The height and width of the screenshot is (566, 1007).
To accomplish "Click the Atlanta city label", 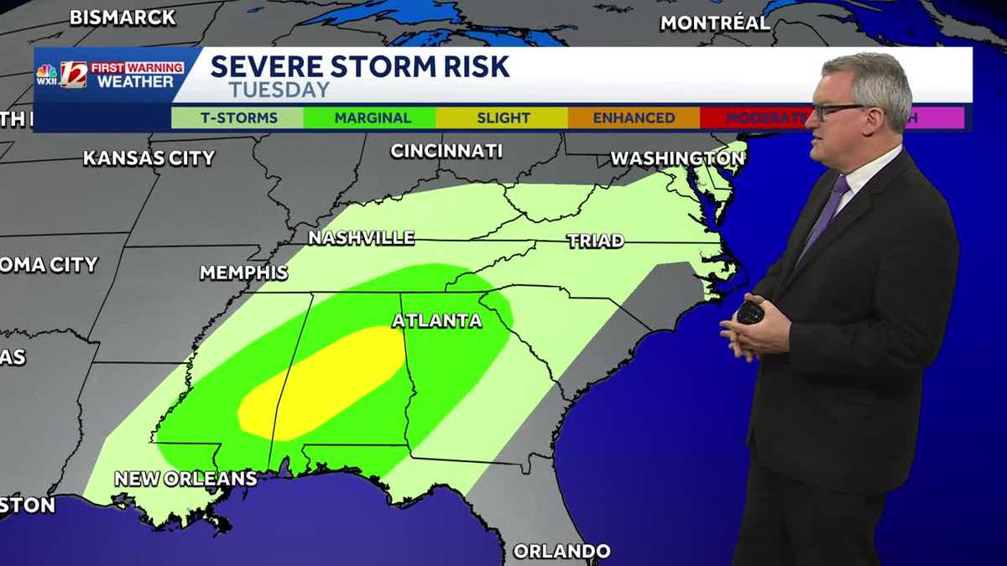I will pyautogui.click(x=437, y=320).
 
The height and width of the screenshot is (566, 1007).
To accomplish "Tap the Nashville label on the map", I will pyautogui.click(x=361, y=238).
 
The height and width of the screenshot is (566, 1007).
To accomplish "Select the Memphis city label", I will pyautogui.click(x=243, y=273).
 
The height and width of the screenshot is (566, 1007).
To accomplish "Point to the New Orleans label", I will pyautogui.click(x=185, y=479).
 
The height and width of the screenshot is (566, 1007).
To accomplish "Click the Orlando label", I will pyautogui.click(x=561, y=551).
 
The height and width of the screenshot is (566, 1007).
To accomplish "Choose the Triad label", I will pyautogui.click(x=595, y=241).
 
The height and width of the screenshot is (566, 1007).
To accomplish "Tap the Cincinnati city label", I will pyautogui.click(x=446, y=151).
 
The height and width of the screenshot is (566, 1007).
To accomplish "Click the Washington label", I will pyautogui.click(x=676, y=158).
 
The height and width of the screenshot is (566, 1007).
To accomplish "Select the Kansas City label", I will pyautogui.click(x=149, y=158).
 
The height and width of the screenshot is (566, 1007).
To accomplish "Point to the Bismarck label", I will pyautogui.click(x=123, y=17).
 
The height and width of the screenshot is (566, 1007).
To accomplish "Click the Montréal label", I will pyautogui.click(x=715, y=23).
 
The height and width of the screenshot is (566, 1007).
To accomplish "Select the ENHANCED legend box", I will pyautogui.click(x=634, y=118).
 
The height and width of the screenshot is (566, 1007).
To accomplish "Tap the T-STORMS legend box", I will pyautogui.click(x=238, y=118).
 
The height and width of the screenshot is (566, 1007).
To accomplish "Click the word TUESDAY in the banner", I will pyautogui.click(x=279, y=90).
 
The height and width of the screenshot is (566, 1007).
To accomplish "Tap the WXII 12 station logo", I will pyautogui.click(x=61, y=75).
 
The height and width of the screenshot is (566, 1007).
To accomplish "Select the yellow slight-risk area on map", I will pyautogui.click(x=323, y=382).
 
